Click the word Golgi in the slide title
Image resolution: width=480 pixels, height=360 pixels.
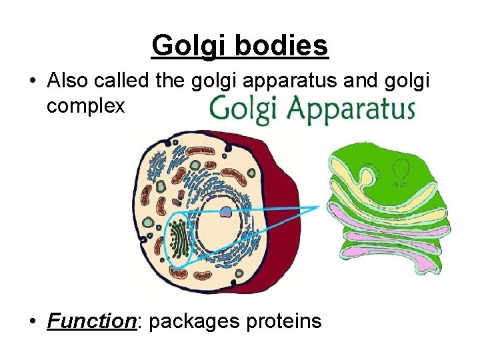click(x=183, y=46)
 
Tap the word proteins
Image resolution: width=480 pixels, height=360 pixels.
click(x=288, y=322)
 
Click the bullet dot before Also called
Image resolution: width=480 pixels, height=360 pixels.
click(x=32, y=81)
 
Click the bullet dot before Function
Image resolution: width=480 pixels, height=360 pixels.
click(x=32, y=322)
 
